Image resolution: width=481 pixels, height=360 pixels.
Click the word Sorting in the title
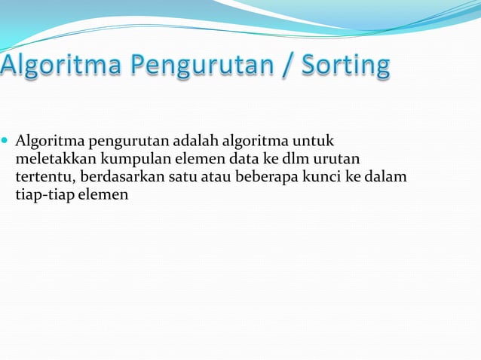click(345, 65)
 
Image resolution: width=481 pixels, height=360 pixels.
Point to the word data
click(233, 159)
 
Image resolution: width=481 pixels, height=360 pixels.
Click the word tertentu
click(44, 177)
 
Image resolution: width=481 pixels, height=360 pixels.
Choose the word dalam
click(388, 177)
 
